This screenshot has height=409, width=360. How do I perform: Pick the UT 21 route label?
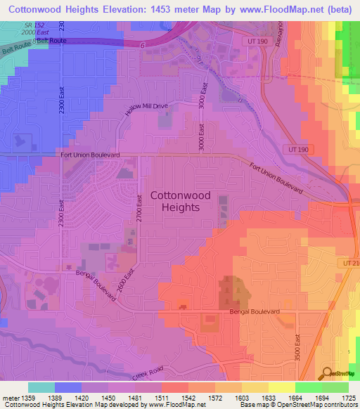pyautogui.click(x=352, y=262)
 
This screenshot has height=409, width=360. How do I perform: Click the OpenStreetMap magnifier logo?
pyautogui.click(x=327, y=374)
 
